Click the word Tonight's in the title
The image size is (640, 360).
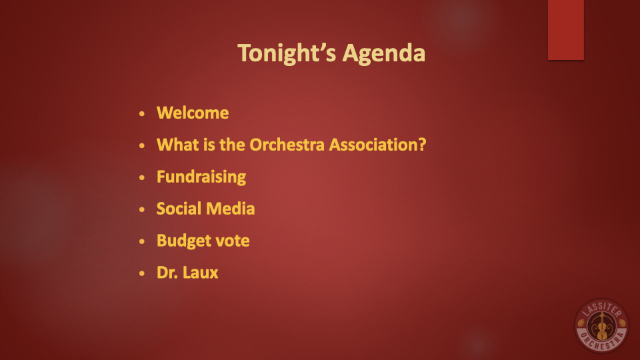click(x=287, y=53)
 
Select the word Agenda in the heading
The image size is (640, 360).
click(x=384, y=54)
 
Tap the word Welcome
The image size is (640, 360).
click(x=193, y=113)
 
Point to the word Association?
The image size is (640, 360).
click(x=377, y=145)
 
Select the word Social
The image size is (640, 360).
click(x=179, y=209)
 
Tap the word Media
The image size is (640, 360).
click(x=231, y=209)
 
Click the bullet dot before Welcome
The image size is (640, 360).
click(x=141, y=113)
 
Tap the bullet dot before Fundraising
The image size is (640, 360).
click(x=141, y=177)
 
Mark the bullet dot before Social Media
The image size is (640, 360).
click(x=141, y=209)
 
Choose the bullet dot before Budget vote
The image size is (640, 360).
click(x=141, y=241)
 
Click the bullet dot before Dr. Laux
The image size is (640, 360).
click(x=141, y=273)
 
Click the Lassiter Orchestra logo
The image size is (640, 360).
click(x=601, y=325)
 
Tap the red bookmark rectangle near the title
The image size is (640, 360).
click(x=566, y=30)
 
